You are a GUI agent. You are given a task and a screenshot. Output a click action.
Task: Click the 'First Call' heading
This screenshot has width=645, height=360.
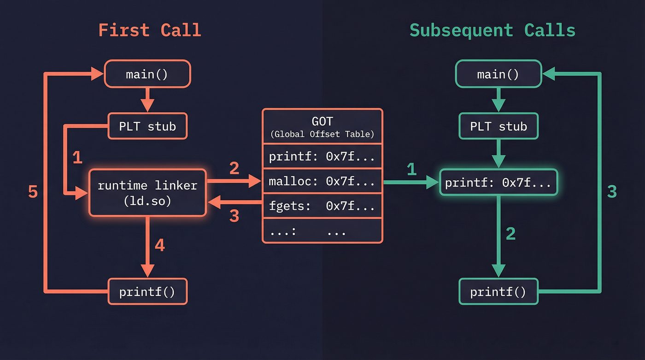[150, 30]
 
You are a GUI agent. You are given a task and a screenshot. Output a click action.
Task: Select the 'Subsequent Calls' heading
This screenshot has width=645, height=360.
[492, 30]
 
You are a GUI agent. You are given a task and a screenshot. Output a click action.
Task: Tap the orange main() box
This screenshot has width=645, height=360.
[147, 74]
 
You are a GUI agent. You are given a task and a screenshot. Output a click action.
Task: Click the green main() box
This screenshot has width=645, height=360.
[498, 74]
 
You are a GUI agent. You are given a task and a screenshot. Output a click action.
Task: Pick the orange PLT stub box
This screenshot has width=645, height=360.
[147, 126]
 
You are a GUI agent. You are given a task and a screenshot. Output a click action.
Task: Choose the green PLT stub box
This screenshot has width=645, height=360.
[498, 126]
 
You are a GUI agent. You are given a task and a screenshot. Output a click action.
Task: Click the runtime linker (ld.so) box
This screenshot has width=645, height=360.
[147, 193]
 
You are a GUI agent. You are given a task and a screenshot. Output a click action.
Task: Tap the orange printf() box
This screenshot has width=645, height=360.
[147, 291]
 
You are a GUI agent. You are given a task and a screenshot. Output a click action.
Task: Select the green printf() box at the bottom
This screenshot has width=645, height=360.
[498, 291]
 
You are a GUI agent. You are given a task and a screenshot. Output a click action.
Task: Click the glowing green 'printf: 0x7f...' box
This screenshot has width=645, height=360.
[498, 183]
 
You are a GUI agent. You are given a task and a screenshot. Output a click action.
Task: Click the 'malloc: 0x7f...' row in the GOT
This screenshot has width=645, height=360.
[322, 181]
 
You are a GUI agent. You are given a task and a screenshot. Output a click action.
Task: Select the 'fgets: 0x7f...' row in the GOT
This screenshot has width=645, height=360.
[322, 206]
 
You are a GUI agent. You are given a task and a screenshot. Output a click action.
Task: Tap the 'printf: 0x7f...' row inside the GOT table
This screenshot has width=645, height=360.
[322, 157]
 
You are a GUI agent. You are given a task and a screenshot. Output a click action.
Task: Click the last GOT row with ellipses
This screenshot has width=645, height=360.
[322, 231]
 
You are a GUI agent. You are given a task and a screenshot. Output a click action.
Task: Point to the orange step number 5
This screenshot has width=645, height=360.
[33, 192]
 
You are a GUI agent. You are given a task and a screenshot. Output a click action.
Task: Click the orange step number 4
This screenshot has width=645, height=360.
[159, 245]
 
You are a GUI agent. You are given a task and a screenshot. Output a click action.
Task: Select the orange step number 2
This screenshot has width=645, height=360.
[234, 169]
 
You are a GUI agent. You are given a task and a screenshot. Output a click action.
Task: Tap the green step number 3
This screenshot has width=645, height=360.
[612, 192]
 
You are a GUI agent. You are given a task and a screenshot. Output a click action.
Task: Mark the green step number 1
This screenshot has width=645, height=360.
[411, 170]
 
